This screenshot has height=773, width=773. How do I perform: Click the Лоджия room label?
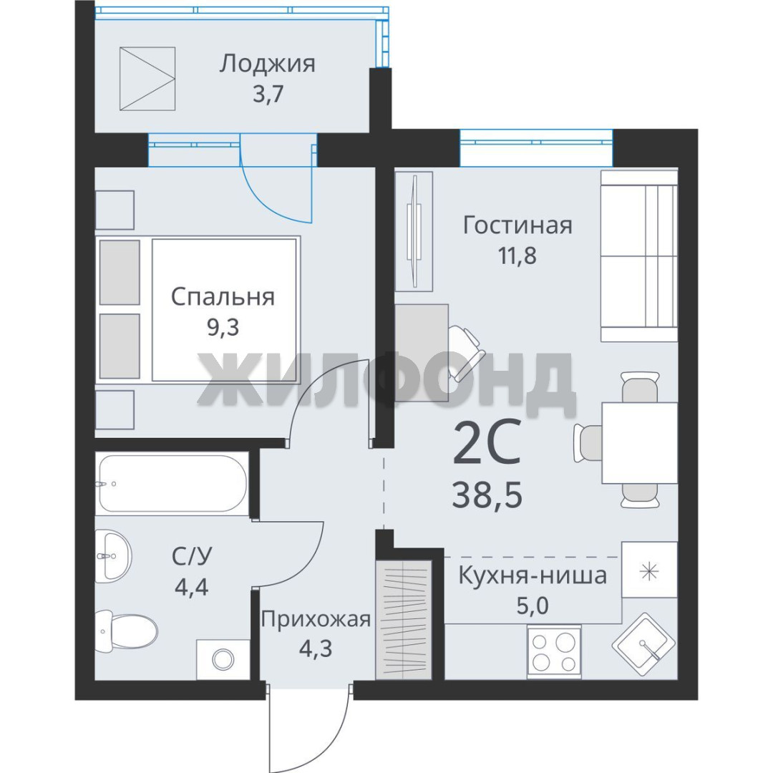coord(267,64)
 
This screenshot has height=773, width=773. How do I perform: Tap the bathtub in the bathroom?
coord(172,483)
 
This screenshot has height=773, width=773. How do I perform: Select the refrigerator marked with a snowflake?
coord(649,570)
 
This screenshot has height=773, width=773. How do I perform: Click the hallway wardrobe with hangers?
coord(404,620)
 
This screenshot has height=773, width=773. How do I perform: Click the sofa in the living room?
coord(639,256)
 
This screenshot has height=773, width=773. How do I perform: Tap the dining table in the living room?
coord(639,443)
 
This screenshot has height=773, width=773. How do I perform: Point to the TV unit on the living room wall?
coord(414,231)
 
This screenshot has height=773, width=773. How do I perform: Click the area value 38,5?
coord(487,495)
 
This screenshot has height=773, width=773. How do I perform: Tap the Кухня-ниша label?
coord(533,575)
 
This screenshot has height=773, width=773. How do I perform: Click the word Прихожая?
coord(316,619)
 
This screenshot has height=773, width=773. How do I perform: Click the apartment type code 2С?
coord(487,442)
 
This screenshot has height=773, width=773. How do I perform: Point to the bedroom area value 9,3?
coord(223,327)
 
